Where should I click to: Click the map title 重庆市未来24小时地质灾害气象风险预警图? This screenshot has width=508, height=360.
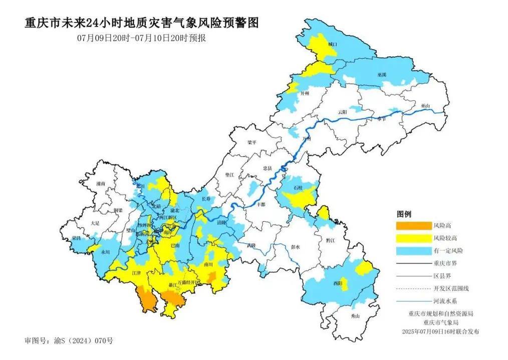click(x=142, y=23)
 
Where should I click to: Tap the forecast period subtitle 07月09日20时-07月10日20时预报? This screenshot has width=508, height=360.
click(x=141, y=38)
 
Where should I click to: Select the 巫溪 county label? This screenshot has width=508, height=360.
click(x=382, y=74)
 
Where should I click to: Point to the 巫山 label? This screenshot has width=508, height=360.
click(x=426, y=106)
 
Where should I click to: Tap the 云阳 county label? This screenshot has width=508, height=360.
click(x=342, y=111)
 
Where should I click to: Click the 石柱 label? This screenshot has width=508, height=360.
click(x=299, y=188)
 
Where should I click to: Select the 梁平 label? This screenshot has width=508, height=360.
click(x=252, y=142)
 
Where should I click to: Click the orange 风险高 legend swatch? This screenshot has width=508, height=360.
click(x=414, y=226)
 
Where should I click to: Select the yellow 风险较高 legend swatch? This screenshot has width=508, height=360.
click(x=414, y=238)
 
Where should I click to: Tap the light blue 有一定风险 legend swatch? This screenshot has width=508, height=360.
click(x=414, y=250)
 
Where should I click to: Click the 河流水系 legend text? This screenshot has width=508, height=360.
click(x=445, y=301)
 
